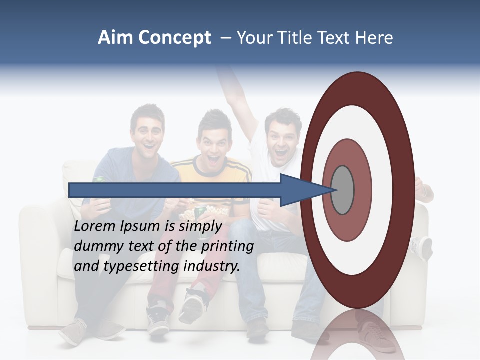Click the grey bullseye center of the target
coord(343,190)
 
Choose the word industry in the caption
coord(212,266)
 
